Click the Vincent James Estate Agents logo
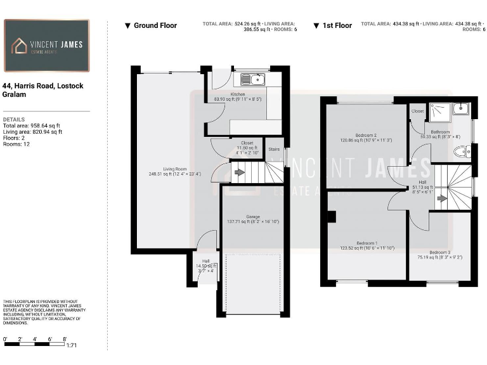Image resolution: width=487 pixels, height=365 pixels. pos(47,46)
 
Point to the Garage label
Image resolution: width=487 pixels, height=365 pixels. pos(252,217)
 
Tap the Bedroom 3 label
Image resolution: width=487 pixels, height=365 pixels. pos(439,252)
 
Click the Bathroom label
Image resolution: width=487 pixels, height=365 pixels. pos(439,132)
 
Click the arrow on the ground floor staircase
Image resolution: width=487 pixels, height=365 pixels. pos(239,172)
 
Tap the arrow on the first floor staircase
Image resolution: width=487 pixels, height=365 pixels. pos(441,198)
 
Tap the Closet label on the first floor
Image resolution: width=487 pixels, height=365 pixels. pos(417,111)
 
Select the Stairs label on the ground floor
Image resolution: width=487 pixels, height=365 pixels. pos(274,150)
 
